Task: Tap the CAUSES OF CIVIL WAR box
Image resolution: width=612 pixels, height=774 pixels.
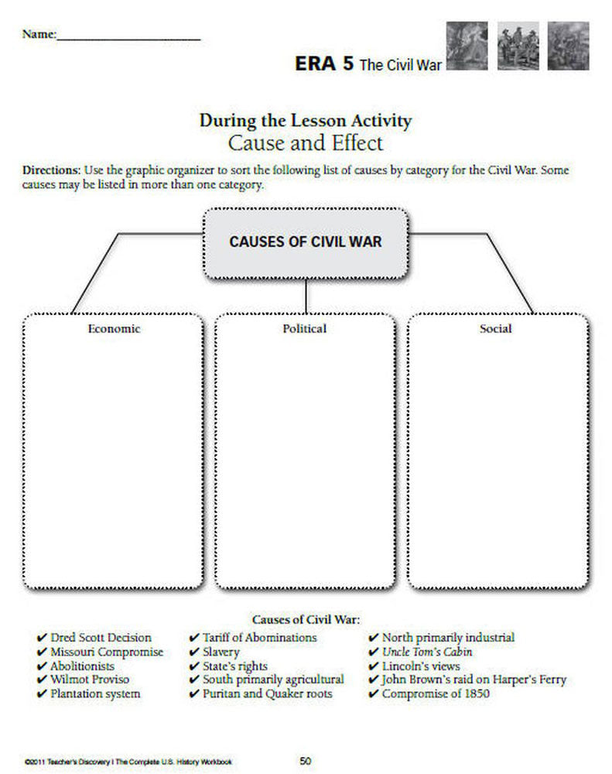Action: click(306, 241)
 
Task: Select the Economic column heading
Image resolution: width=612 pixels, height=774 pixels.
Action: click(114, 328)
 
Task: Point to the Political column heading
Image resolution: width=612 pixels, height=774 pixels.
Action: click(305, 328)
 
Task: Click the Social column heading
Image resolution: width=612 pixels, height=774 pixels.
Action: click(495, 328)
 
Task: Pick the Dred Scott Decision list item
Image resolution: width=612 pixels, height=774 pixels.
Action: click(101, 638)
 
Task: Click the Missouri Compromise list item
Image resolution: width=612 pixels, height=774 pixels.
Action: click(107, 652)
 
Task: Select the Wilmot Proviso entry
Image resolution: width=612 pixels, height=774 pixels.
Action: click(91, 680)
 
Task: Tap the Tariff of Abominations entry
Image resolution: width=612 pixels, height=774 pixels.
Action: click(259, 638)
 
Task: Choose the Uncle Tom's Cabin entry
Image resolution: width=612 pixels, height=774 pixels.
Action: click(427, 652)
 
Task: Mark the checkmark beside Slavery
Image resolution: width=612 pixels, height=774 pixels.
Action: click(194, 652)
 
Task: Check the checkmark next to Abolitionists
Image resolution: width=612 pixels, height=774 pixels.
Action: click(42, 666)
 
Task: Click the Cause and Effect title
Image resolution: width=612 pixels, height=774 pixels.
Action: click(305, 143)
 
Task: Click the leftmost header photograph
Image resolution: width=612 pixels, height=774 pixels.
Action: click(467, 46)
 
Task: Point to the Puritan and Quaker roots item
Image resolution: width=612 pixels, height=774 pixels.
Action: click(267, 694)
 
